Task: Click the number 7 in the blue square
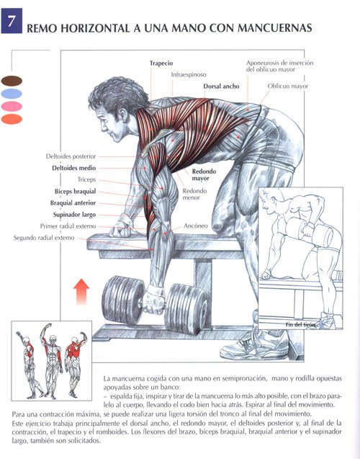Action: tap(12, 21)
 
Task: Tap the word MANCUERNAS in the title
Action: tap(274, 28)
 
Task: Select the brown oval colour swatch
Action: tap(12, 81)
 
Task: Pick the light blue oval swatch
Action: tap(12, 94)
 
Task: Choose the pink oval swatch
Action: tap(12, 106)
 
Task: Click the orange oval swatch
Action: tap(12, 119)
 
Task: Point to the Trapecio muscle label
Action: tap(161, 63)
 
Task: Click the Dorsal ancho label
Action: tap(221, 86)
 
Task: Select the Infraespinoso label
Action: tap(189, 75)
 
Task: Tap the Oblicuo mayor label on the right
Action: tap(288, 86)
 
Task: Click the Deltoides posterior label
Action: tap(71, 156)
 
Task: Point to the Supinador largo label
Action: tap(74, 215)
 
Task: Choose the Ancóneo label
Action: tap(196, 226)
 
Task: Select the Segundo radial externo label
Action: tap(44, 238)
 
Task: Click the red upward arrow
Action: tap(81, 292)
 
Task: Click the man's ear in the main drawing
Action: tap(123, 115)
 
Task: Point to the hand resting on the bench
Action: tap(121, 229)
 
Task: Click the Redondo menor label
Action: tap(195, 194)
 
